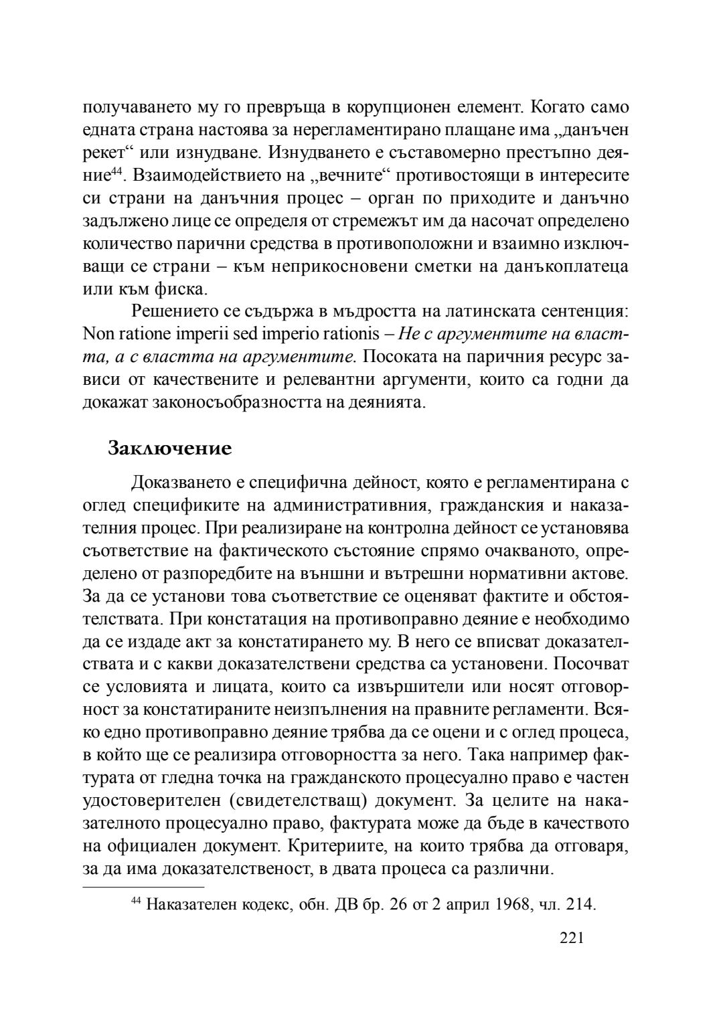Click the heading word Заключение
pyautogui.click(x=169, y=448)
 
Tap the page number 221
pyautogui.click(x=572, y=938)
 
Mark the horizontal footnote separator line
pyautogui.click(x=143, y=887)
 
